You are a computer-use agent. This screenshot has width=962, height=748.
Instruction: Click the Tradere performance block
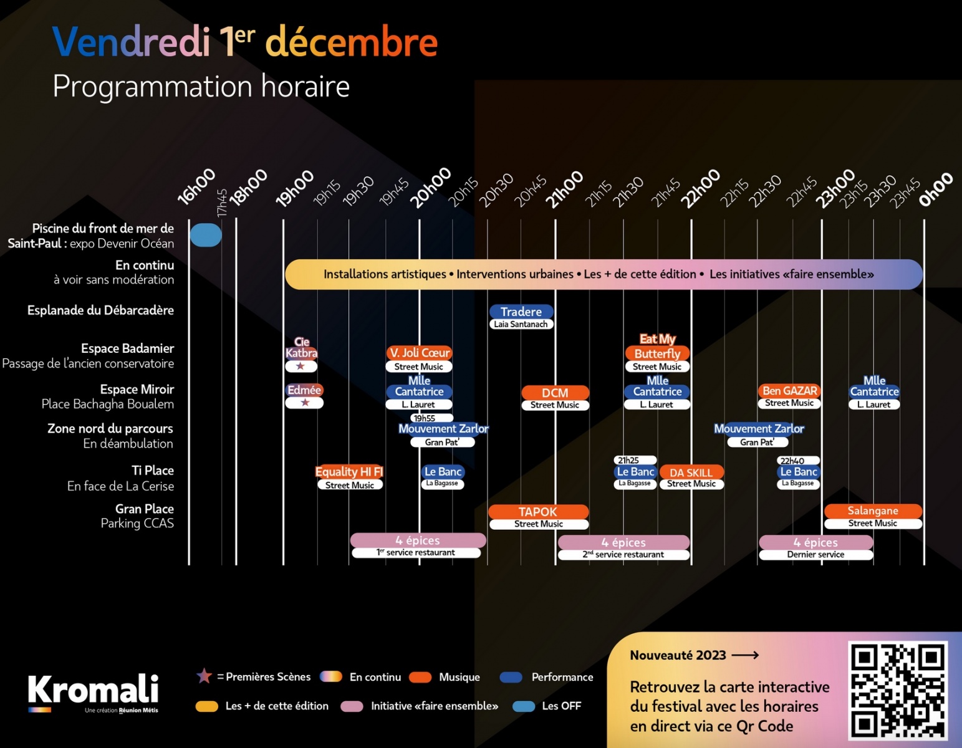pos(521,312)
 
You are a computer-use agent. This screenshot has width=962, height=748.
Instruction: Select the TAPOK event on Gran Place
pos(538,512)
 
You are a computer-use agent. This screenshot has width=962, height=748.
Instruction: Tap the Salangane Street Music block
pos(872,511)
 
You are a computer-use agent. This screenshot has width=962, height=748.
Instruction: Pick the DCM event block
pos(555,393)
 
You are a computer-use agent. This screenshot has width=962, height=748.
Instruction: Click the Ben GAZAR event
pos(789,391)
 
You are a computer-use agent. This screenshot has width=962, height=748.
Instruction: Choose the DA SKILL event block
pos(691,472)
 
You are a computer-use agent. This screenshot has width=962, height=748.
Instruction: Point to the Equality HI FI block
pos(349,472)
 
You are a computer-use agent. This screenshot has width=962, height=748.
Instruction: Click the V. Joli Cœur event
pos(419,353)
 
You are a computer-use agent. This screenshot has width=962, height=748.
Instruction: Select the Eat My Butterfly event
pos(657,347)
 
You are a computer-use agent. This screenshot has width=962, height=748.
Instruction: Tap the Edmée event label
pos(304,390)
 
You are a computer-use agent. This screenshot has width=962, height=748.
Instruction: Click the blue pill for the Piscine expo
pos(206,235)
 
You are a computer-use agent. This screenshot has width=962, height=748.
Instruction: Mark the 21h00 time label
pos(564,189)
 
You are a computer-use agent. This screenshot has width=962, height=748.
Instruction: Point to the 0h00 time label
pos(935,189)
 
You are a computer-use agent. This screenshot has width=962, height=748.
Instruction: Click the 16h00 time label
pos(196,186)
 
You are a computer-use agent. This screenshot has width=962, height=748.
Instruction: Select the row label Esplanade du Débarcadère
pos(100,310)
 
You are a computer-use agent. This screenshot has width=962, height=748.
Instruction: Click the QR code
pos(897,690)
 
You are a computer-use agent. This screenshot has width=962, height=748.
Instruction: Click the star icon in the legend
pos(204,676)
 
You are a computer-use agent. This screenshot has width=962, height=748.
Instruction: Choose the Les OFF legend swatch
pos(524,706)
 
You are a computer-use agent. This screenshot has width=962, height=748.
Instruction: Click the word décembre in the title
pos(352,42)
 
